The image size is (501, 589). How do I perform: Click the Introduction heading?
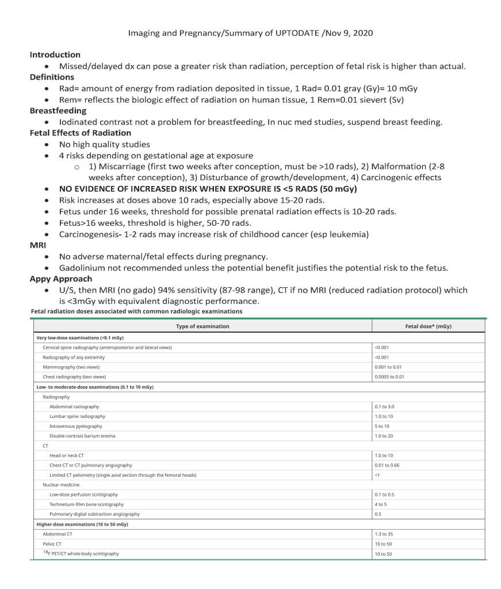pyautogui.click(x=55, y=55)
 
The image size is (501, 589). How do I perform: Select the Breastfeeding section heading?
pyautogui.click(x=58, y=111)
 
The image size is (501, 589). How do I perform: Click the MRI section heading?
pyautogui.click(x=37, y=245)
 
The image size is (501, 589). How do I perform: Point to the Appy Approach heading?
pyautogui.click(x=61, y=279)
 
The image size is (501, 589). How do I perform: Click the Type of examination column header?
pyautogui.click(x=202, y=326)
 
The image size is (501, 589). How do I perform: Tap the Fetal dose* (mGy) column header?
pyautogui.click(x=429, y=326)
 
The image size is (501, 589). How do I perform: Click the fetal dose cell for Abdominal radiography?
pyautogui.click(x=384, y=406)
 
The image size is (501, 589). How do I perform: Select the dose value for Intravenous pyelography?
pyautogui.click(x=382, y=426)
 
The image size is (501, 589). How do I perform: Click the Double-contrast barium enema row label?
pyautogui.click(x=82, y=436)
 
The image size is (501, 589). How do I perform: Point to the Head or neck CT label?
pyautogui.click(x=67, y=455)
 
